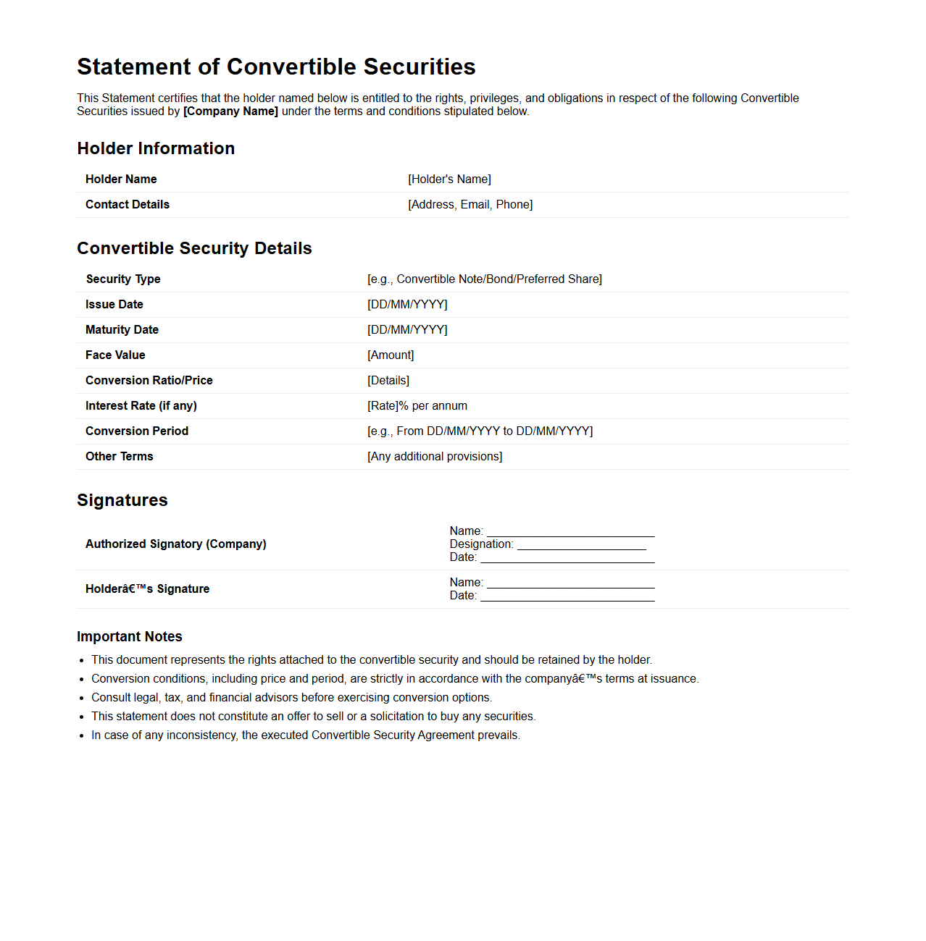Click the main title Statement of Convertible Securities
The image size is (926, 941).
click(276, 67)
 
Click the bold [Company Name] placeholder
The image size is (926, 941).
click(230, 111)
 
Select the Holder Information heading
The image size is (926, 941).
click(156, 148)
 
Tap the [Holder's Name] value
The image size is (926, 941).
click(449, 180)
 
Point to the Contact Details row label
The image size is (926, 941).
click(128, 205)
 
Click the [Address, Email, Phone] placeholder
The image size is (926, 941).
click(470, 205)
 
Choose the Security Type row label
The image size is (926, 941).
click(123, 279)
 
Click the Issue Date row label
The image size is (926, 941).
click(114, 305)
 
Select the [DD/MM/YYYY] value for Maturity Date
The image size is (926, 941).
click(407, 330)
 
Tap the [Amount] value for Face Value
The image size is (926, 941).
click(391, 355)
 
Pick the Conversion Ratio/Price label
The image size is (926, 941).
click(149, 381)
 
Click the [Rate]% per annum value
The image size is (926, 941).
click(417, 406)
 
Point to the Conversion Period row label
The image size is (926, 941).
click(137, 431)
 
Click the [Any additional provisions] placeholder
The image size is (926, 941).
click(435, 457)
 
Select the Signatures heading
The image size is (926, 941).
click(122, 500)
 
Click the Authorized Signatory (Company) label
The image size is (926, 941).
click(176, 544)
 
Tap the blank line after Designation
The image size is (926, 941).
click(581, 545)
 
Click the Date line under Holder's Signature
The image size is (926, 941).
click(567, 596)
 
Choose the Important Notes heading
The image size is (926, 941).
click(130, 637)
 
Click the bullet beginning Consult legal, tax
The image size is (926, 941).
click(291, 698)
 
